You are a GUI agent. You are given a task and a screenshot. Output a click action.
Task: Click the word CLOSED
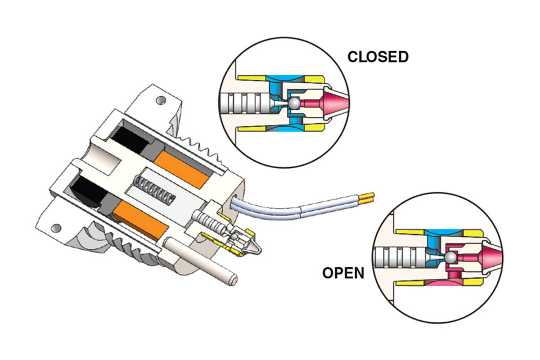pyautogui.click(x=377, y=57)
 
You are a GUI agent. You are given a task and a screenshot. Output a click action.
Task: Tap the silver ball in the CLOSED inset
pyautogui.click(x=294, y=104)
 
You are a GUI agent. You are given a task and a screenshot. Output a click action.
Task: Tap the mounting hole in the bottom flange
pyautogui.click(x=56, y=228)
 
